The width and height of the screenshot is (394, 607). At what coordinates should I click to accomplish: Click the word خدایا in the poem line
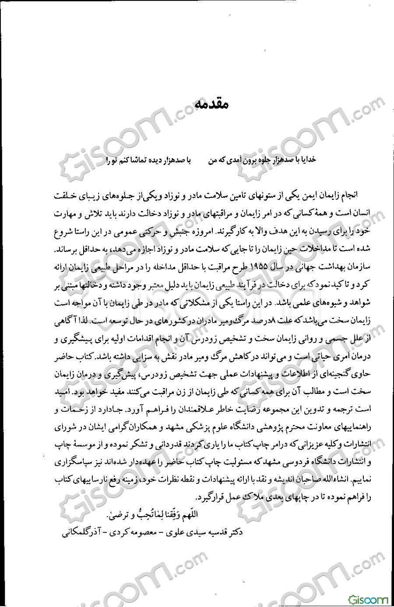(x=307, y=159)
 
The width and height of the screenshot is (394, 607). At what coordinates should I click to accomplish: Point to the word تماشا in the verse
(x=134, y=160)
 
